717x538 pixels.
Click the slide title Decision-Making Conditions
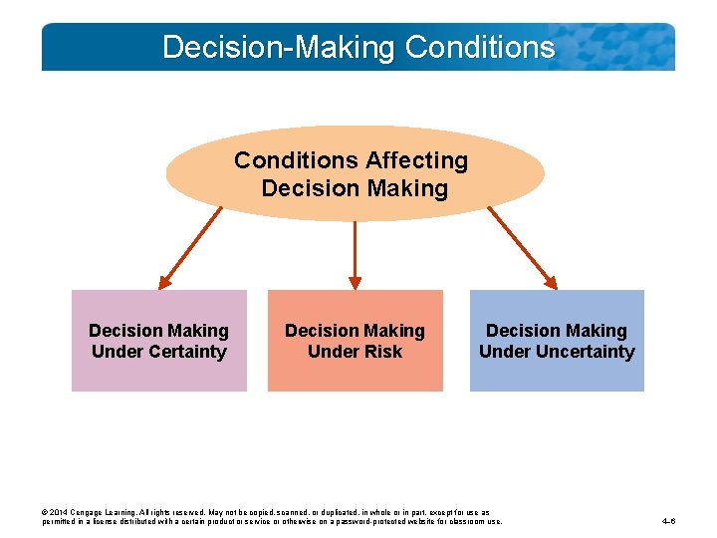pos(358,47)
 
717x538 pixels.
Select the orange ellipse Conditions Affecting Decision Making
pos(355,173)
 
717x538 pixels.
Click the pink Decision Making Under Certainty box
pos(158,341)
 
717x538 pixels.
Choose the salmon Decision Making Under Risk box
pos(355,341)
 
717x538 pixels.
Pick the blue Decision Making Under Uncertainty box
pos(557,341)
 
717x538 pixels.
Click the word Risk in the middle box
pos(382,352)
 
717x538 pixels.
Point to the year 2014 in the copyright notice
pos(61,512)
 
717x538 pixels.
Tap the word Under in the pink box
pos(115,352)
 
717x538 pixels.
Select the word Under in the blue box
pos(503,352)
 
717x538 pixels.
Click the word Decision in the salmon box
pos(320,331)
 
